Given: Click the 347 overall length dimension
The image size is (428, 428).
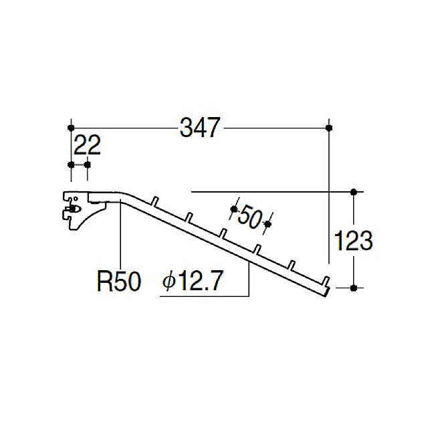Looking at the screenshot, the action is click(x=199, y=128).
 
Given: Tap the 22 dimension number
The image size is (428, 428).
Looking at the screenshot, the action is click(x=87, y=145).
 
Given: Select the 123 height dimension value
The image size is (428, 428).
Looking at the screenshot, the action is click(x=353, y=241).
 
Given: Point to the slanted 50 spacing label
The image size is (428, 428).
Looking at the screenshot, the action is click(x=249, y=217).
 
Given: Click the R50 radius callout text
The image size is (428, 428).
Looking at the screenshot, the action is click(x=119, y=282).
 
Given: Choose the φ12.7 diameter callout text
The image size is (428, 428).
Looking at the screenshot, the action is click(x=193, y=280).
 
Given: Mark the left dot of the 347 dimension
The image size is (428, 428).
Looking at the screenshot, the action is click(x=71, y=128).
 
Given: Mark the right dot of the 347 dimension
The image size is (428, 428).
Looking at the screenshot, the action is click(x=329, y=128).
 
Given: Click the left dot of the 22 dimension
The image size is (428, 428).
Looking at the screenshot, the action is click(x=71, y=165).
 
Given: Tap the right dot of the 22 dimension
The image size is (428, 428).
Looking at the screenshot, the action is click(x=88, y=165).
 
